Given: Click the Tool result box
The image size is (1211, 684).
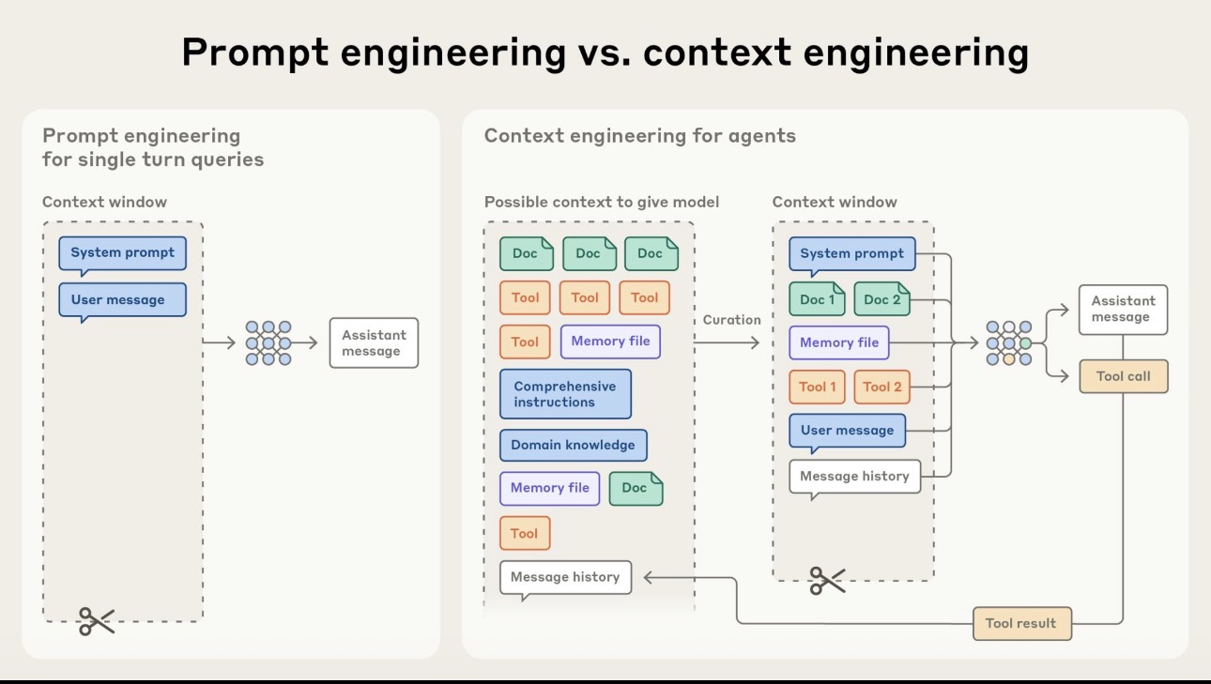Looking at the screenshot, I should point(1021,623).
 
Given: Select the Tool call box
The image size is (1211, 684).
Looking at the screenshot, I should point(1123,376).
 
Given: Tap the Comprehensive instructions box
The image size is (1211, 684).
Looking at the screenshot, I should point(565,394).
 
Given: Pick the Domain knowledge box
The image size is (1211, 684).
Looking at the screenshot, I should point(573,445).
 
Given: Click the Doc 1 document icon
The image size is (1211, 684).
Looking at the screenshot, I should point(817,299).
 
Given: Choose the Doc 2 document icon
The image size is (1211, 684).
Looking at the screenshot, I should point(881,299).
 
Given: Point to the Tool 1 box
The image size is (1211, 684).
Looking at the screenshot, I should point(817,387).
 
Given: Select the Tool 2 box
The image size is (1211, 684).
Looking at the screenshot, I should point(881,387).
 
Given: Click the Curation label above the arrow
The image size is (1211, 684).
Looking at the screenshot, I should point(731,320).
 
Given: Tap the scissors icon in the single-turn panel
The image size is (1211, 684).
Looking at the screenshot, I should point(96,621).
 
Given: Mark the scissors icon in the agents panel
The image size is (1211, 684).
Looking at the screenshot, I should point(827,581).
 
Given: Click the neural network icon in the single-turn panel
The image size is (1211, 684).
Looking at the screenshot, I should point(268,342).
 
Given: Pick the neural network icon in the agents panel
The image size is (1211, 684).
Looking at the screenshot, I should point(1008,343).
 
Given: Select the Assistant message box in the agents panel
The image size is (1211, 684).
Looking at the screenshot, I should point(1123,310).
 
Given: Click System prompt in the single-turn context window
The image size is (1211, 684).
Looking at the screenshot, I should point(122,253).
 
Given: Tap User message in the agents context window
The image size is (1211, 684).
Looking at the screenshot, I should point(847,431).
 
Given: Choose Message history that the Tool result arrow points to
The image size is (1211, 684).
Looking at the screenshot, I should point(565,577).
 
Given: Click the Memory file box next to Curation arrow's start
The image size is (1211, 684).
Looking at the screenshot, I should point(610,342).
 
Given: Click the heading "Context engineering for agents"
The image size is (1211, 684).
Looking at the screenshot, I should point(639,136).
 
